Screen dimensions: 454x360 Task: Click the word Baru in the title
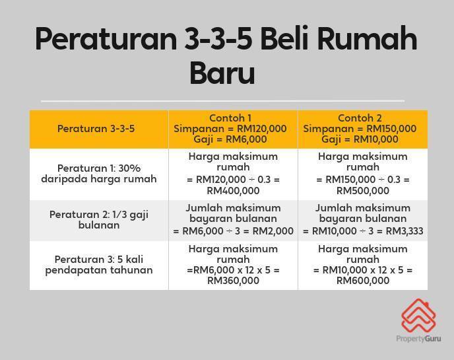pos(222,72)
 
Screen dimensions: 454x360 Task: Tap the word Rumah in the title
pos(367,39)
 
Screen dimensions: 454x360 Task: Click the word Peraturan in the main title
pos(106,40)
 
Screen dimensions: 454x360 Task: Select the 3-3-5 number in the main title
pos(218,39)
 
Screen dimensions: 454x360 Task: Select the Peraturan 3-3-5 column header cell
pos(99,129)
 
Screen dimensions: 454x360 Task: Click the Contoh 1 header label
pos(230,118)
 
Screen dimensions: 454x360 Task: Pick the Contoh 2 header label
pos(360,118)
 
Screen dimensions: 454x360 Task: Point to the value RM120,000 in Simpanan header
pos(262,128)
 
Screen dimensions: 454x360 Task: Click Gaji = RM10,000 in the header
pos(360,139)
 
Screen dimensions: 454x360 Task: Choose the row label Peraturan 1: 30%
pos(99,168)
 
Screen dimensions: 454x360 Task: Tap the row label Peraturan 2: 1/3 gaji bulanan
pos(99,220)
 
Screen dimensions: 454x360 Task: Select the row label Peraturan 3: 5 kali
pos(99,259)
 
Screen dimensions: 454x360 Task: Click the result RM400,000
pos(233,191)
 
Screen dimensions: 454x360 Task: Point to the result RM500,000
pos(363,191)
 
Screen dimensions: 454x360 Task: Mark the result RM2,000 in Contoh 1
pos(273,231)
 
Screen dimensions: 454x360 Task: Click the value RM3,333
pos(405,231)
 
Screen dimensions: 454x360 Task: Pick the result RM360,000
pos(233,281)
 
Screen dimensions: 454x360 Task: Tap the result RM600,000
pos(363,281)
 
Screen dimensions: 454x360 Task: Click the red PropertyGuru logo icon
pos(418,316)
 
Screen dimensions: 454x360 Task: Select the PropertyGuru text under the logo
pos(418,339)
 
